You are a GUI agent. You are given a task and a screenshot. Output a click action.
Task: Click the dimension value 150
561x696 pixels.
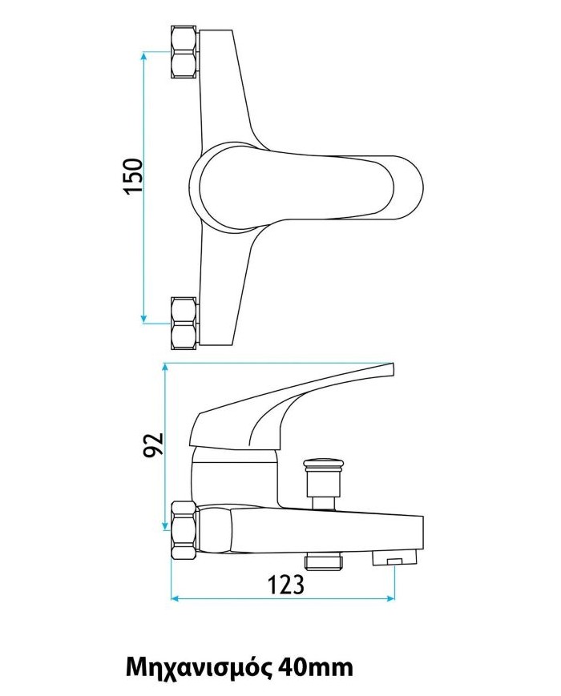click(x=133, y=176)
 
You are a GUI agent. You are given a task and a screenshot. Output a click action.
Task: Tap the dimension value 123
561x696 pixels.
click(x=286, y=585)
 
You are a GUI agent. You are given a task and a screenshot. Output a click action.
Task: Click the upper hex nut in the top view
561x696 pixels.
click(x=184, y=53)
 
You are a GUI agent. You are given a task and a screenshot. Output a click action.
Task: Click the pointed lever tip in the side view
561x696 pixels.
click(x=391, y=367)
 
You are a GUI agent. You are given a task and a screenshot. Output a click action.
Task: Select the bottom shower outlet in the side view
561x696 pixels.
click(x=325, y=561)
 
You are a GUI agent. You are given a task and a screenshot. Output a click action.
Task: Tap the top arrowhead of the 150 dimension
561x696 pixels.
click(x=144, y=56)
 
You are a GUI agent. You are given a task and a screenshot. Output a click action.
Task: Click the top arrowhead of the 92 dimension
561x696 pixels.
click(x=163, y=368)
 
